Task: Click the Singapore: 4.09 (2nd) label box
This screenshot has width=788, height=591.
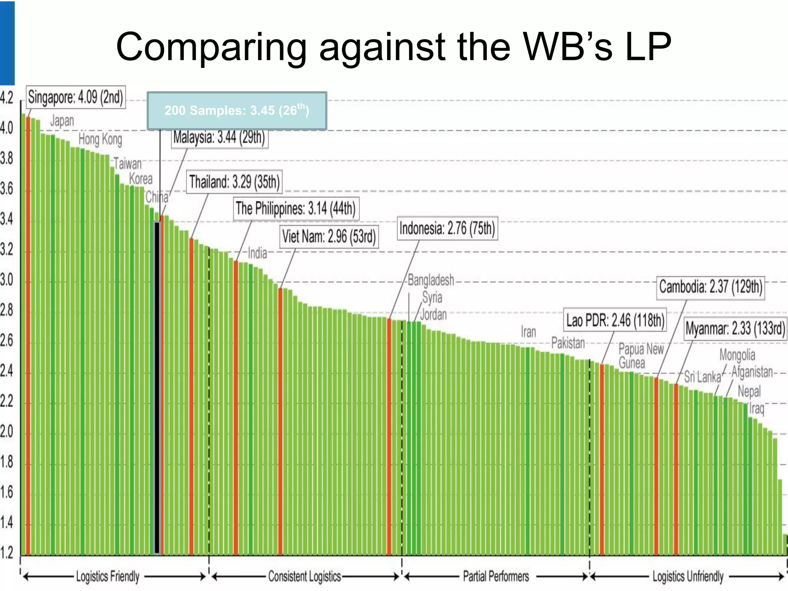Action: pos(76,97)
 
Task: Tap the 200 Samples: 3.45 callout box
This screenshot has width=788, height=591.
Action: pos(237,111)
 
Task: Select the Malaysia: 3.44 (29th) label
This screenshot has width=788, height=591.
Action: pos(219,137)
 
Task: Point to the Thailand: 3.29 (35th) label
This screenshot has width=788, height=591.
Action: pos(234,182)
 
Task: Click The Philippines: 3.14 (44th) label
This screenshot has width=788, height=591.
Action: pos(295,209)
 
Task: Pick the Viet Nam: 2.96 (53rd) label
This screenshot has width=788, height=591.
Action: pos(329,236)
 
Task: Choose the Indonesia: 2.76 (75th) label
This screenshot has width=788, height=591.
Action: pos(447,228)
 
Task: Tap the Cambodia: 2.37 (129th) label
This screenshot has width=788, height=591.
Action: pos(710,287)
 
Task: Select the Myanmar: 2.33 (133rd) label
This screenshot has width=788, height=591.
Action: pos(735,329)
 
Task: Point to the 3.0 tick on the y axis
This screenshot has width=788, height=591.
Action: pos(7,280)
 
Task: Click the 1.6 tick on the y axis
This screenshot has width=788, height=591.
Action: pos(7,492)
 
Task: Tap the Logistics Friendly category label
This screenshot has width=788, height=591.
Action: pos(108,576)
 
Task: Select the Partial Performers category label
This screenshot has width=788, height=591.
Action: pos(496,576)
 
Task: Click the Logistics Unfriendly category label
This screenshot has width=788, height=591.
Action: pos(688,576)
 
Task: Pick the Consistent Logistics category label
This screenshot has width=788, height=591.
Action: pos(304,576)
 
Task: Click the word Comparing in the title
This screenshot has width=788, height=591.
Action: pos(211,47)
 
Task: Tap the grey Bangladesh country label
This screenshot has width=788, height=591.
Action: pos(431,280)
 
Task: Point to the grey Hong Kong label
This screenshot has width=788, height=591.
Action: pos(100,139)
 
